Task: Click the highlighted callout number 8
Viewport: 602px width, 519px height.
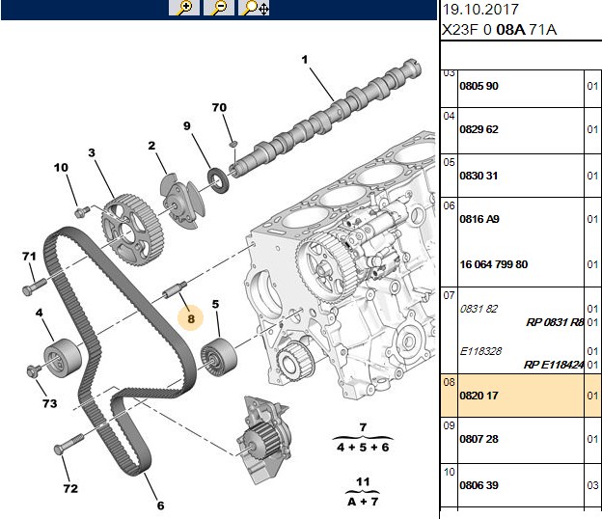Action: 191,318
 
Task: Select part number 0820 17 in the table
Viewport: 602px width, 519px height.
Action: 479,396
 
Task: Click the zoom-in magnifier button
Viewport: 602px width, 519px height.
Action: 184,8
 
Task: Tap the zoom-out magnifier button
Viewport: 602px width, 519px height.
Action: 219,8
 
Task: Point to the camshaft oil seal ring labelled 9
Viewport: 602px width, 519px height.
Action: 219,180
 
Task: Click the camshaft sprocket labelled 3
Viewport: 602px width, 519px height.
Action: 133,231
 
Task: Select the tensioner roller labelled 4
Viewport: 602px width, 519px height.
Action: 62,358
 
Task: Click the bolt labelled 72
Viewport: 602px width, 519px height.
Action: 69,444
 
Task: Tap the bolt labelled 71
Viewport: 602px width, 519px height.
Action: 35,287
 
